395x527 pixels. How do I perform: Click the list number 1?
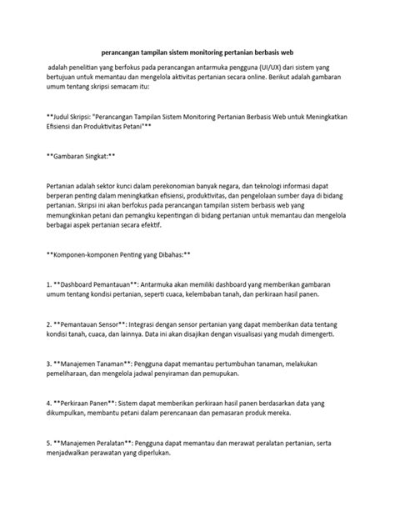click(50, 284)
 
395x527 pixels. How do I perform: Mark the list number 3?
click(50, 364)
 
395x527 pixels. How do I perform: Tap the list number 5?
click(50, 444)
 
